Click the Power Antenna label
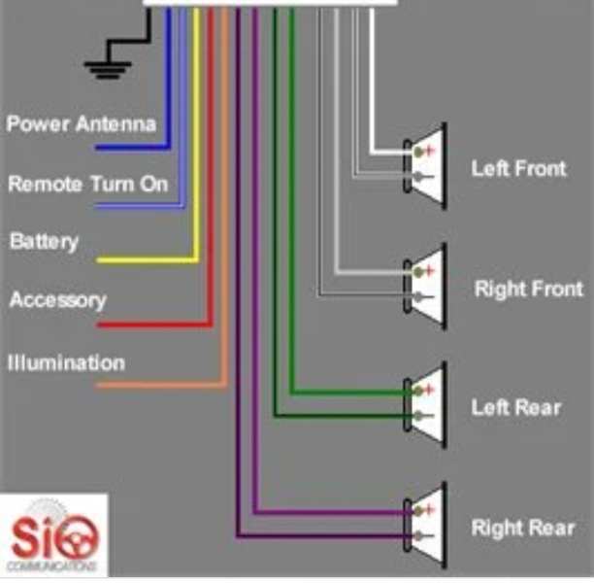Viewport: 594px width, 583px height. click(x=82, y=123)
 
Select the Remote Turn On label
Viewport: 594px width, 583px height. click(x=88, y=184)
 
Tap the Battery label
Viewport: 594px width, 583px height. click(x=44, y=242)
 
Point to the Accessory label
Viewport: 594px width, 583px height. click(x=57, y=300)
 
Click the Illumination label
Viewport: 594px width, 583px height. click(x=66, y=362)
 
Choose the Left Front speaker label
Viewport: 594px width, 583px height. click(x=518, y=168)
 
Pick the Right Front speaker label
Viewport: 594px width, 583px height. click(x=529, y=289)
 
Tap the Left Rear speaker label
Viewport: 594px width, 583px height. click(x=516, y=408)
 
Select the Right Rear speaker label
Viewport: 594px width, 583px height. click(x=523, y=528)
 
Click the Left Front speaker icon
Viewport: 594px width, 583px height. click(x=425, y=166)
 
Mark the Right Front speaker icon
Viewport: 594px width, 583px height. click(x=425, y=287)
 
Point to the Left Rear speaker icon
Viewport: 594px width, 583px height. click(x=425, y=405)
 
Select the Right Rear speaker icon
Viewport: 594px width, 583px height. click(x=425, y=526)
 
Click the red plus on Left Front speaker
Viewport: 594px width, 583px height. click(x=429, y=151)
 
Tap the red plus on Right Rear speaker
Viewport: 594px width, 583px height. click(x=429, y=509)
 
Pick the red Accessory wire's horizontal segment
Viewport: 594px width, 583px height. click(x=154, y=325)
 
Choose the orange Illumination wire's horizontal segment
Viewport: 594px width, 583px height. click(x=161, y=386)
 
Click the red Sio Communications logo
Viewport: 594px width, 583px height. click(x=53, y=535)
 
